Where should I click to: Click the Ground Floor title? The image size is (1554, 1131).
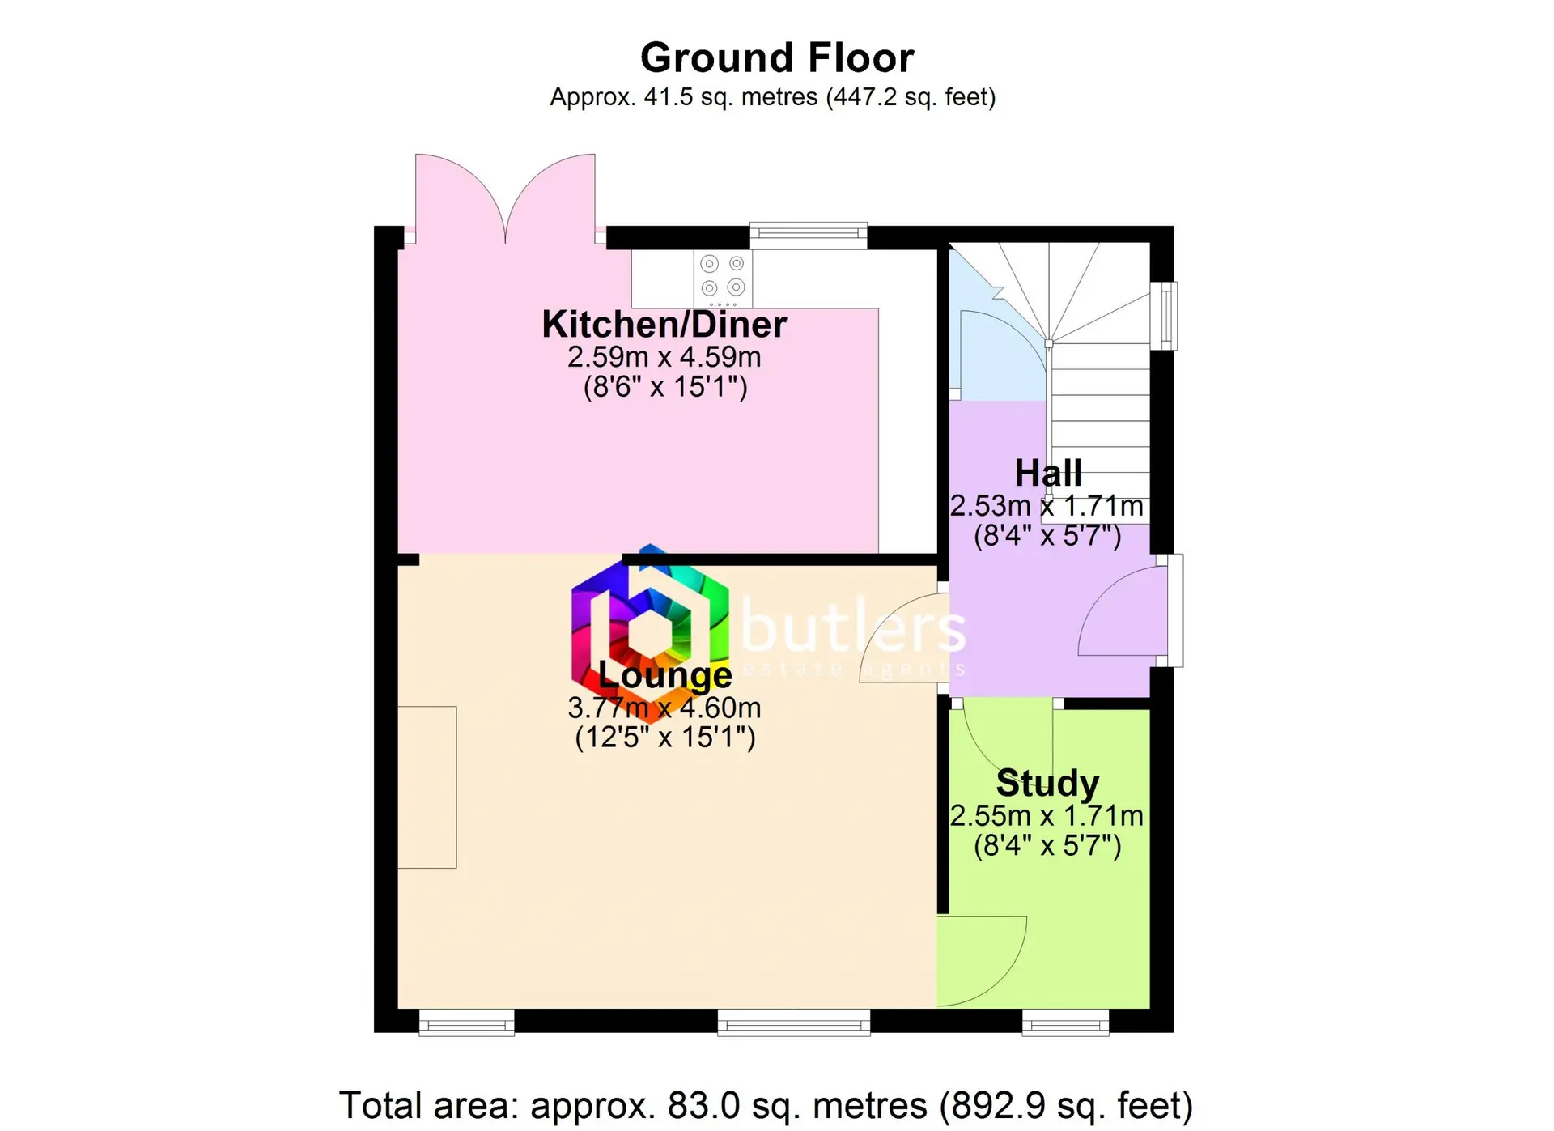tap(777, 58)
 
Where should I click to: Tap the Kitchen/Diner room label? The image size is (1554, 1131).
tap(664, 325)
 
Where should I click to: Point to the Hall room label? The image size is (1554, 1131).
tap(1048, 473)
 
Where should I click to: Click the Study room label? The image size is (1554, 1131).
tap(1047, 783)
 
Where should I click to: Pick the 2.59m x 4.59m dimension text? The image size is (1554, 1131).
tap(664, 357)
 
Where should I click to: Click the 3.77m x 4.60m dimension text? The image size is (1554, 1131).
tap(664, 708)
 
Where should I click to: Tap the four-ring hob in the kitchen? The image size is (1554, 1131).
tap(723, 277)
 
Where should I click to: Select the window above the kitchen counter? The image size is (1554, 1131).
tap(809, 235)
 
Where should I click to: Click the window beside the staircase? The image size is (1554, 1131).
tap(1165, 316)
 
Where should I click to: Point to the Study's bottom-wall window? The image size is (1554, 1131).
tap(1065, 1023)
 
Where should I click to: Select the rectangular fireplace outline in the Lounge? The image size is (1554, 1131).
tap(427, 788)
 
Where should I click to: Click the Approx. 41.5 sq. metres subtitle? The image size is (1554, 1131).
tap(773, 98)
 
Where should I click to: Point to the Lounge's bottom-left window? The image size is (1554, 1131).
tap(467, 1023)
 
